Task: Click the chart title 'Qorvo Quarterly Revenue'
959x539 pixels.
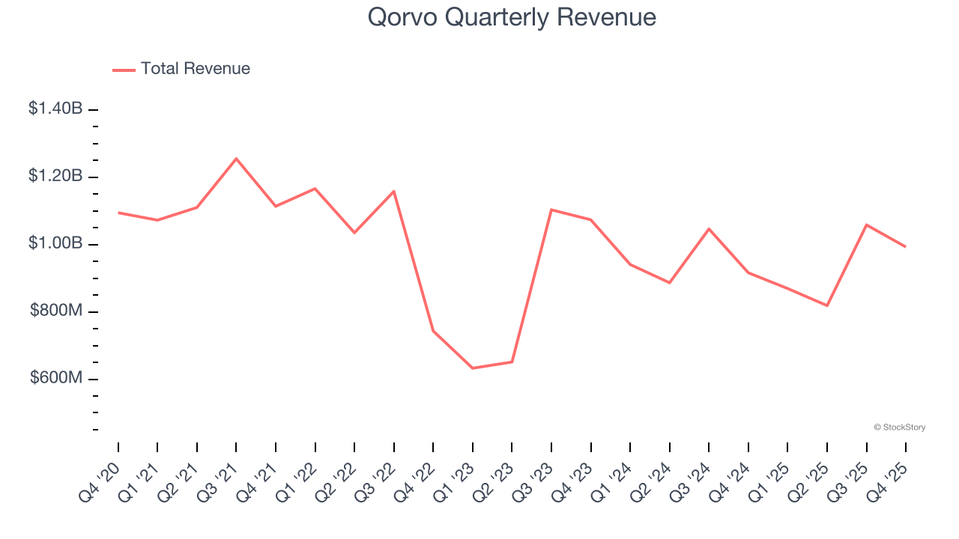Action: (512, 17)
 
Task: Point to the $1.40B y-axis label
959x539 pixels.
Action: (55, 109)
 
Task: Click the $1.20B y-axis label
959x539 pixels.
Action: (55, 176)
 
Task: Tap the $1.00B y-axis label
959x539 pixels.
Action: (55, 243)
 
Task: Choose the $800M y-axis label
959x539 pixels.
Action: (56, 311)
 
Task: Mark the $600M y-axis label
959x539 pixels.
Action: (56, 378)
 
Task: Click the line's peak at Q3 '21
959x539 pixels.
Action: (236, 159)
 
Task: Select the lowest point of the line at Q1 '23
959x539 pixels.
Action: (472, 368)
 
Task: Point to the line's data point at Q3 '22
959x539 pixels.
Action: (394, 191)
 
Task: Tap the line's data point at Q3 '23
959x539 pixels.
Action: (551, 210)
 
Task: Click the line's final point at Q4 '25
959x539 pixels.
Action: (906, 246)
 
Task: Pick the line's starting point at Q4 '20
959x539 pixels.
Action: (118, 213)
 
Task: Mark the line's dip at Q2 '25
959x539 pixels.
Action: (827, 305)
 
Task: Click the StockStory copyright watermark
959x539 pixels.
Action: (899, 427)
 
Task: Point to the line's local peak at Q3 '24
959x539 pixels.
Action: (709, 229)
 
